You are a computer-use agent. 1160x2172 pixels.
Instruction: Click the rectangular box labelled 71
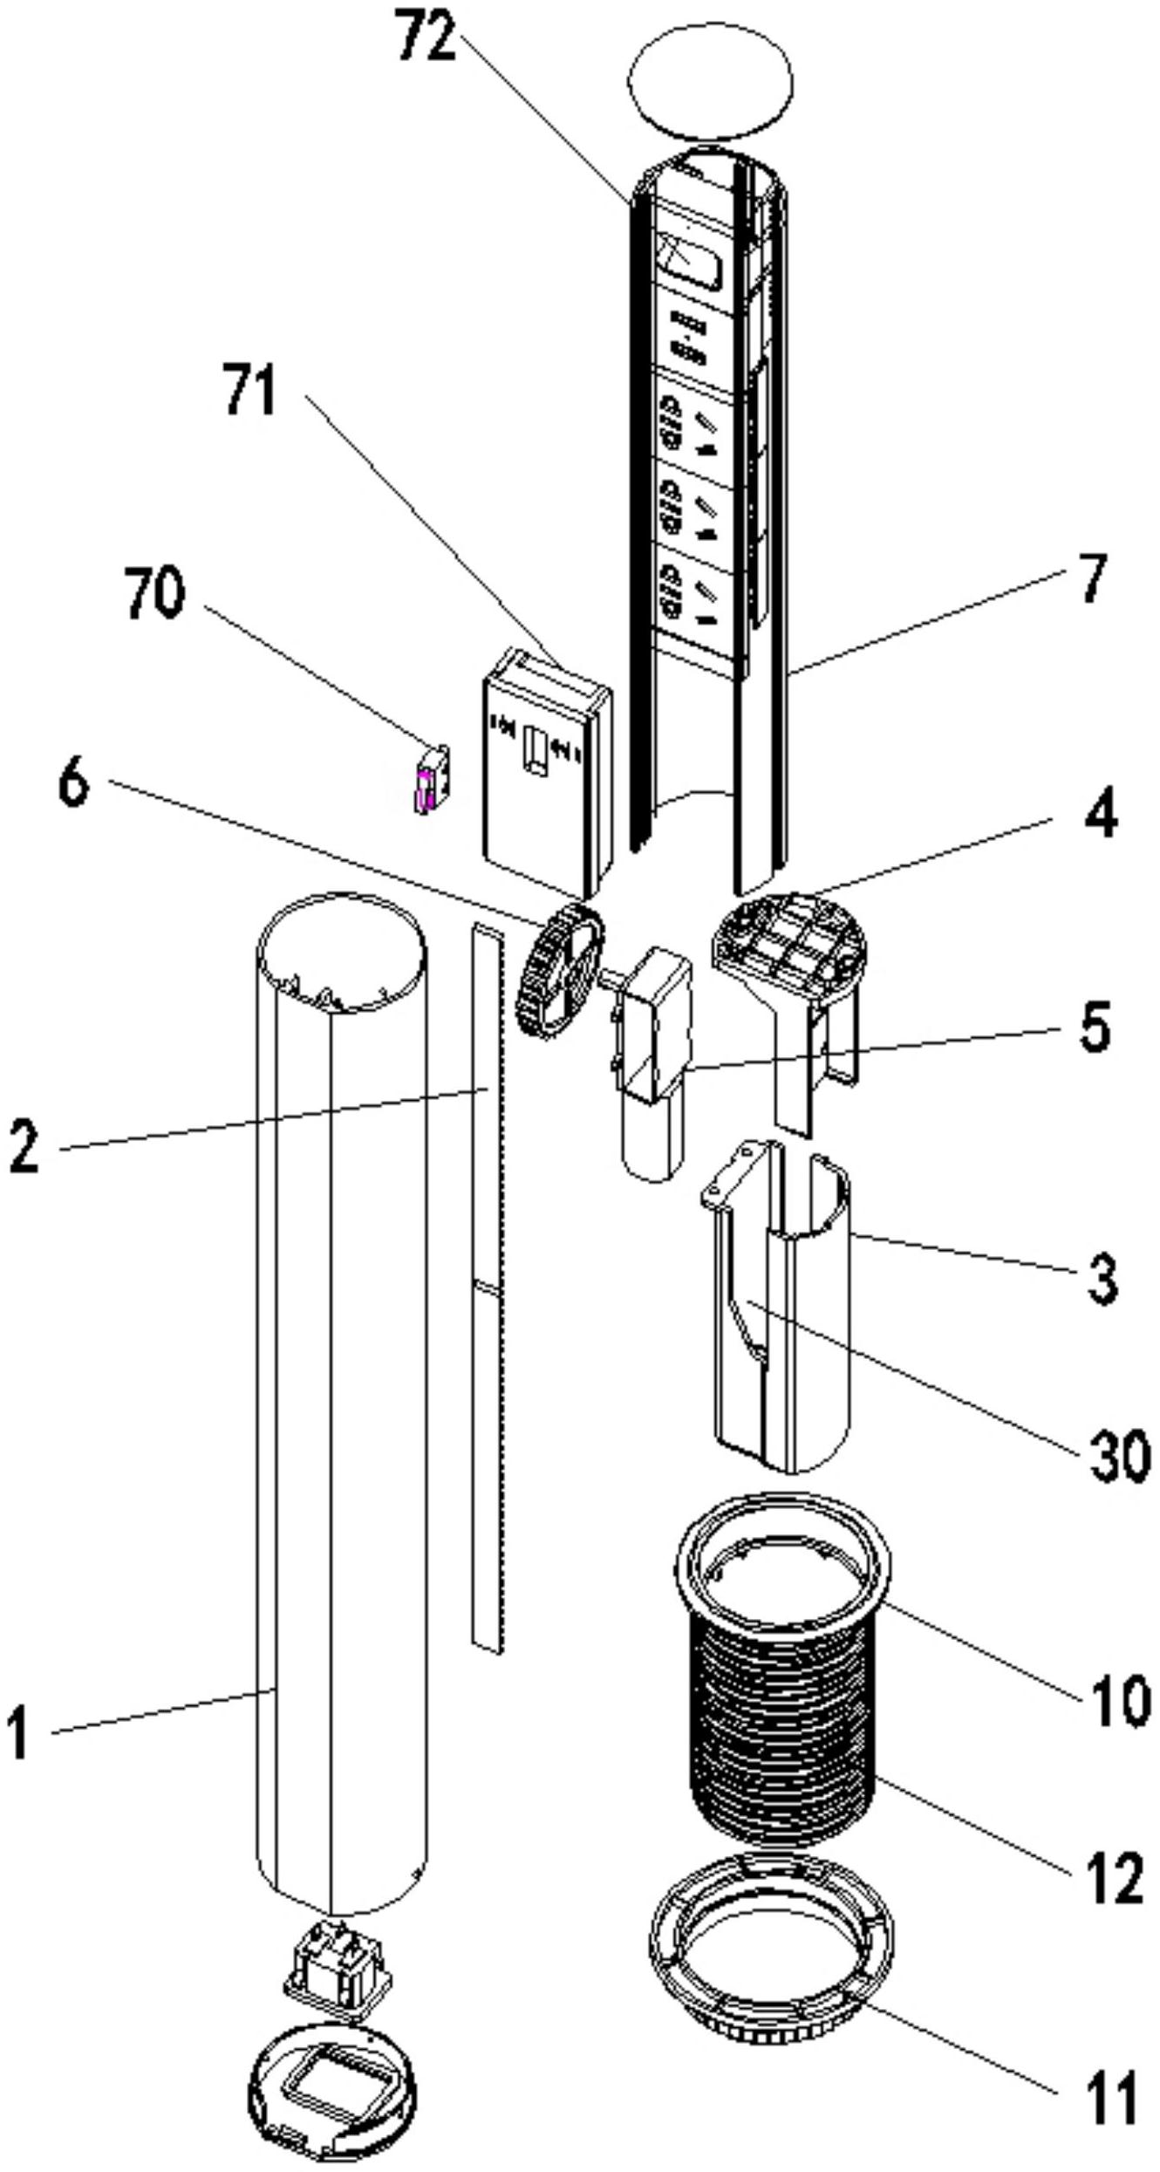click(x=547, y=775)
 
